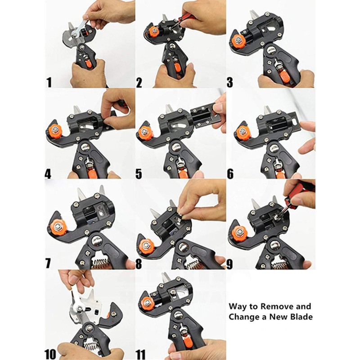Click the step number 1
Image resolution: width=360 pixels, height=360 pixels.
click(49, 82)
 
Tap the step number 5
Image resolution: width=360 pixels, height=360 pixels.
click(139, 174)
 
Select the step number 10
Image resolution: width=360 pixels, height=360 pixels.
click(50, 354)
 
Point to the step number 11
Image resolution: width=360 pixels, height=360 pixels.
click(140, 354)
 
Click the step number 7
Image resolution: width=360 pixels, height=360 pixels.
click(48, 263)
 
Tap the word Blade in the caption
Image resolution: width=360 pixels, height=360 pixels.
click(301, 317)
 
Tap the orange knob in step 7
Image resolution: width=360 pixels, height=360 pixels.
click(58, 226)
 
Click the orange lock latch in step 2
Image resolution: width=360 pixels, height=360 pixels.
click(177, 67)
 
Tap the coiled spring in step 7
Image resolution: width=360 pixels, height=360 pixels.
click(100, 263)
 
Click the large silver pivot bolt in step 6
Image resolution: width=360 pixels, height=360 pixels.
click(274, 148)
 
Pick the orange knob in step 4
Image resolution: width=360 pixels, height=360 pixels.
click(55, 131)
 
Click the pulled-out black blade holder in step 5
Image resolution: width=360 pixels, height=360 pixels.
click(206, 114)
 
